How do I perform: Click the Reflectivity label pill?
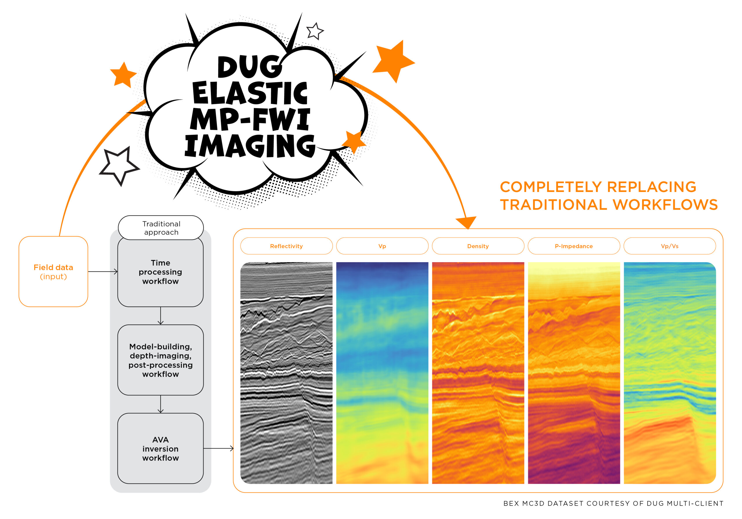(x=286, y=246)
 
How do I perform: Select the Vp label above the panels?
(x=382, y=246)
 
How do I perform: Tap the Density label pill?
(x=478, y=246)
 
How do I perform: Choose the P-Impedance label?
(x=574, y=246)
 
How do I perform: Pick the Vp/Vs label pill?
(x=670, y=246)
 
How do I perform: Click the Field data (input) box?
(x=53, y=272)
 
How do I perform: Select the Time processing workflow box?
(x=160, y=272)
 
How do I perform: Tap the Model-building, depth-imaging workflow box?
(x=160, y=360)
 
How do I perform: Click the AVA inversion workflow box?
(x=160, y=449)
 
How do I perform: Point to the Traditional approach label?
(x=161, y=228)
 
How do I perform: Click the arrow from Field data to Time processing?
(x=103, y=272)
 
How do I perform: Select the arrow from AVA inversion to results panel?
(x=219, y=448)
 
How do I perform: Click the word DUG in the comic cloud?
(x=250, y=67)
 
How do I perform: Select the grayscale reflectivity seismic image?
(x=286, y=373)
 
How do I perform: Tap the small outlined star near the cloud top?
(x=315, y=31)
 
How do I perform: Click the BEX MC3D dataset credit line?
(x=613, y=503)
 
